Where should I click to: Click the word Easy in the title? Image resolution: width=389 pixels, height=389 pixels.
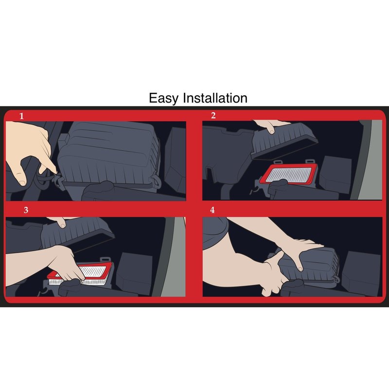[x=163, y=98]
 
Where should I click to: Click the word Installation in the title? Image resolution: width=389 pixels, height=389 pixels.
[x=215, y=98]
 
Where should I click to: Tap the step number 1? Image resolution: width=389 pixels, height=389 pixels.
[x=21, y=116]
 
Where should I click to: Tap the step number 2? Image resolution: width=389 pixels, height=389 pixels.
[x=213, y=115]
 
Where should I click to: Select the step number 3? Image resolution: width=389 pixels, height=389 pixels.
[x=26, y=210]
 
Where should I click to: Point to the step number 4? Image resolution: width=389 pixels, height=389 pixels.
[x=212, y=210]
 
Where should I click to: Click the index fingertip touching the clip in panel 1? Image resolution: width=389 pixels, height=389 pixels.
[x=55, y=171]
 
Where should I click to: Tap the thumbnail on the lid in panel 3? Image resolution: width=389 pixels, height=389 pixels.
[x=62, y=225]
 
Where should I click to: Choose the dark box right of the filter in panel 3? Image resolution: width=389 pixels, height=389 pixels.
[x=134, y=273]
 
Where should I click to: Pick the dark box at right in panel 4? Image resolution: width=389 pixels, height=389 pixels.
[x=361, y=272]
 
